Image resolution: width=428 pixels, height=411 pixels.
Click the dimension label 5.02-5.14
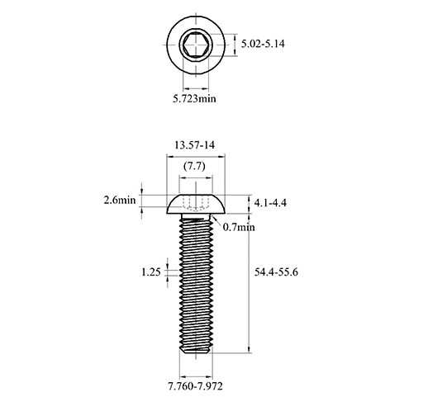pyautogui.click(x=263, y=44)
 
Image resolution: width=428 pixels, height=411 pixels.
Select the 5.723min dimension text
pyautogui.click(x=194, y=98)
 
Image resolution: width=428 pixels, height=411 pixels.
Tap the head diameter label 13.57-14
pyautogui.click(x=194, y=145)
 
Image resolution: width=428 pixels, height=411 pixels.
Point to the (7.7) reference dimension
pyautogui.click(x=194, y=166)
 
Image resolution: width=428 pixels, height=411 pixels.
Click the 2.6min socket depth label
pyautogui.click(x=120, y=200)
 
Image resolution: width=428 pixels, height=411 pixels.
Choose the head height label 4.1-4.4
pyautogui.click(x=270, y=203)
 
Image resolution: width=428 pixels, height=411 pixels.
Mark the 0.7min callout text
pyautogui.click(x=239, y=227)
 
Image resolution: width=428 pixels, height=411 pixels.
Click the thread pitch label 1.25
pyautogui.click(x=151, y=272)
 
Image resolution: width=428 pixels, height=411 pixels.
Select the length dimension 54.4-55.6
pyautogui.click(x=276, y=272)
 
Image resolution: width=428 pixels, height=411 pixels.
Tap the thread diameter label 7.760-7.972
pyautogui.click(x=195, y=386)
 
